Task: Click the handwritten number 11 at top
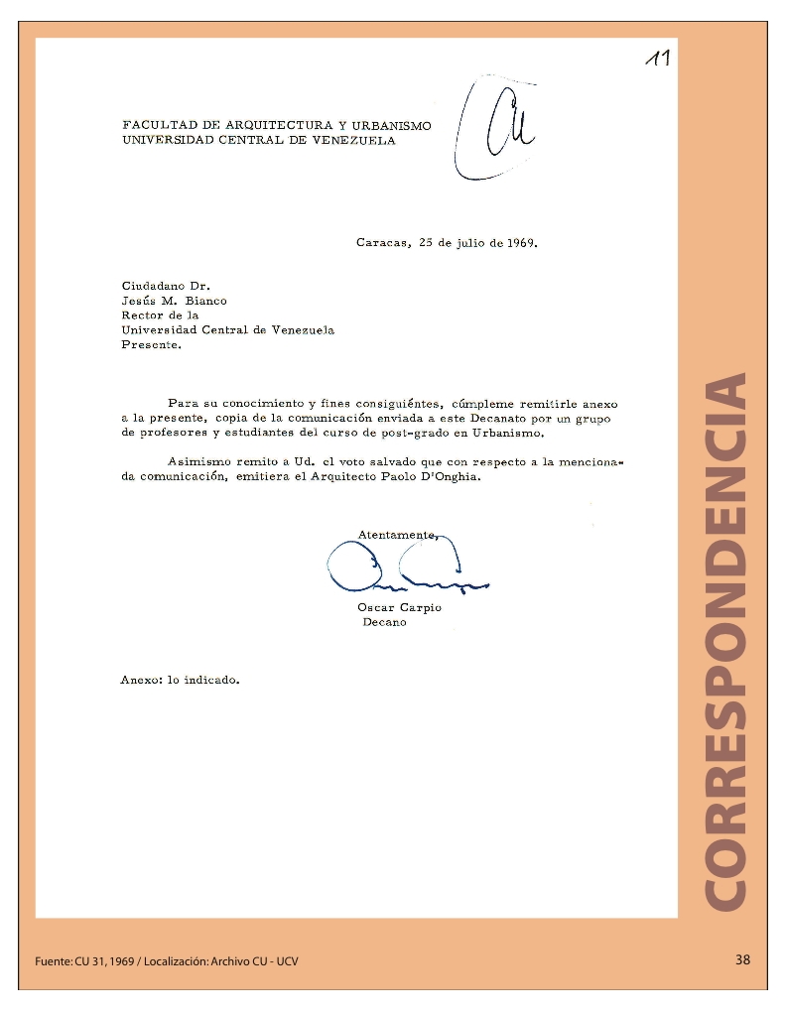[657, 59]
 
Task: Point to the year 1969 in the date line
[521, 242]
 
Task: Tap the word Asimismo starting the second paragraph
[198, 462]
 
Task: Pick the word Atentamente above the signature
[396, 535]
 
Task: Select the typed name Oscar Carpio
[399, 607]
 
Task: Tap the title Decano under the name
[384, 622]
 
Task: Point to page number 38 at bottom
[742, 959]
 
